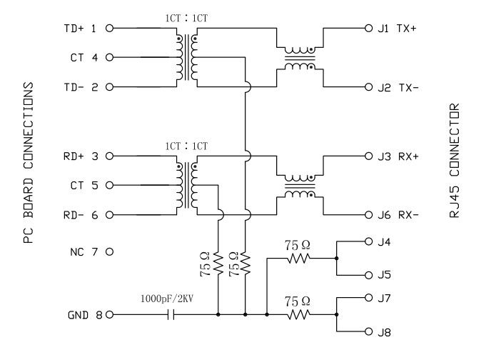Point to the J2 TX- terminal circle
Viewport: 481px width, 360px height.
(368, 88)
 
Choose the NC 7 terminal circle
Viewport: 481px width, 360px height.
(110, 252)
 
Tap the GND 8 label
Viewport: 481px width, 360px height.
(82, 314)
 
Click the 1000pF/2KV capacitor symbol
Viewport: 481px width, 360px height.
(171, 314)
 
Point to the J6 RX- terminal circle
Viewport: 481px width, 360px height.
(368, 215)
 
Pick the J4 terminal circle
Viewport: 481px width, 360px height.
(368, 241)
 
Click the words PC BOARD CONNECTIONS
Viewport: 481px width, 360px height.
(29, 164)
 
